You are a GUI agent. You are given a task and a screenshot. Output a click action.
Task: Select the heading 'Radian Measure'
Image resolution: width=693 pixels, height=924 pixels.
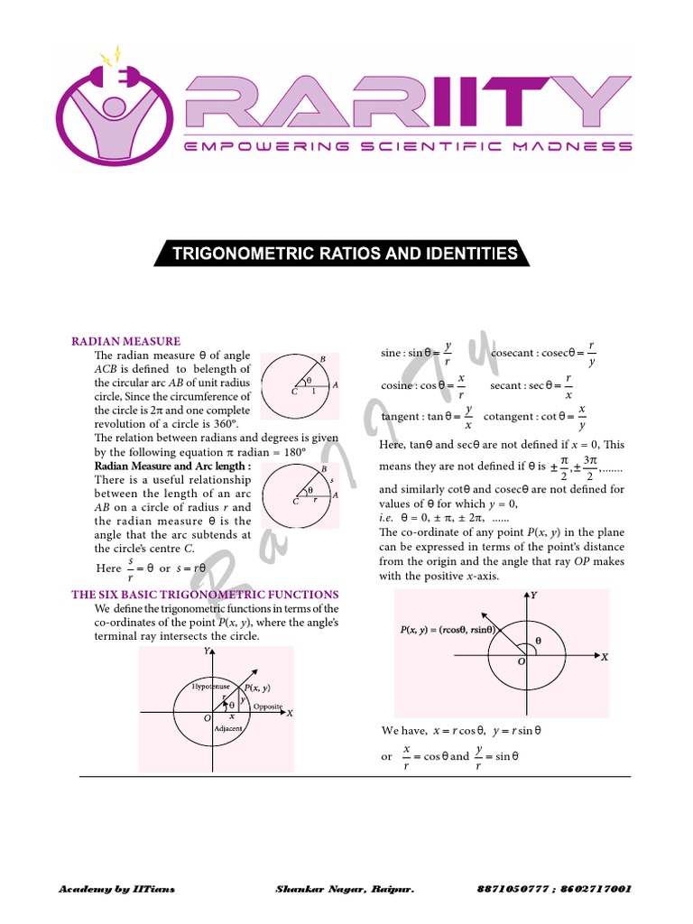click(x=126, y=341)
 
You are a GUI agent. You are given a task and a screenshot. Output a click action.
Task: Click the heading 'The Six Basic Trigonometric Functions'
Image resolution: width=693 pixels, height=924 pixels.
click(x=206, y=595)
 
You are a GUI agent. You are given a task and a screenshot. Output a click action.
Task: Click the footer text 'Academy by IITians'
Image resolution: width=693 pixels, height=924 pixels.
click(x=117, y=889)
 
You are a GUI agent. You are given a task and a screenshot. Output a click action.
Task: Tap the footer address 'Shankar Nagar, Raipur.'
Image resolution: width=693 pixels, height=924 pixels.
click(x=345, y=889)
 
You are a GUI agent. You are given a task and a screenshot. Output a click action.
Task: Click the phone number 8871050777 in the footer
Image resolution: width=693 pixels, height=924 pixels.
click(x=511, y=889)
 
